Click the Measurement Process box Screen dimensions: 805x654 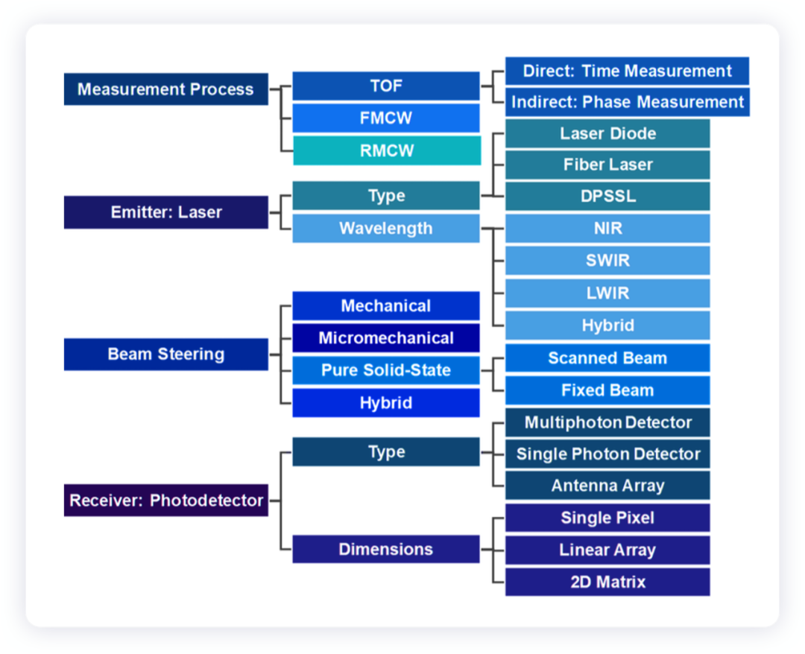[x=165, y=89]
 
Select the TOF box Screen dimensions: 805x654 [x=386, y=86]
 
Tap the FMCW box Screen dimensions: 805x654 [x=386, y=118]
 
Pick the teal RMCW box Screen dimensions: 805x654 [x=387, y=150]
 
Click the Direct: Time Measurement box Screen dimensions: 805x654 [x=627, y=71]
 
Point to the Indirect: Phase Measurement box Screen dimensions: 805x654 [x=627, y=102]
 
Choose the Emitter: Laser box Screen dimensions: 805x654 [x=165, y=212]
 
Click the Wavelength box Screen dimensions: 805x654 [x=386, y=228]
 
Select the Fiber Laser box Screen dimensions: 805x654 [x=607, y=165]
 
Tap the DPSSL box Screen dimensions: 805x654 [x=607, y=196]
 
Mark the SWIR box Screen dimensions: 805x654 [x=607, y=261]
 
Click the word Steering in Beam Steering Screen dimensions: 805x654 [x=191, y=355]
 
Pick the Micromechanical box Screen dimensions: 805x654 [x=386, y=337]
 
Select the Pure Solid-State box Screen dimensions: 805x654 [x=386, y=370]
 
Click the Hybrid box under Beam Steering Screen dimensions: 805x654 [x=386, y=403]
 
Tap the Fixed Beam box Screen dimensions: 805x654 [x=607, y=390]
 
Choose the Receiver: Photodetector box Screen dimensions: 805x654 [x=165, y=500]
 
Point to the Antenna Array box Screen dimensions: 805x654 [x=607, y=485]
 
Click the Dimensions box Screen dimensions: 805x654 [x=386, y=549]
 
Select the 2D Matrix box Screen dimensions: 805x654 [x=607, y=582]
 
